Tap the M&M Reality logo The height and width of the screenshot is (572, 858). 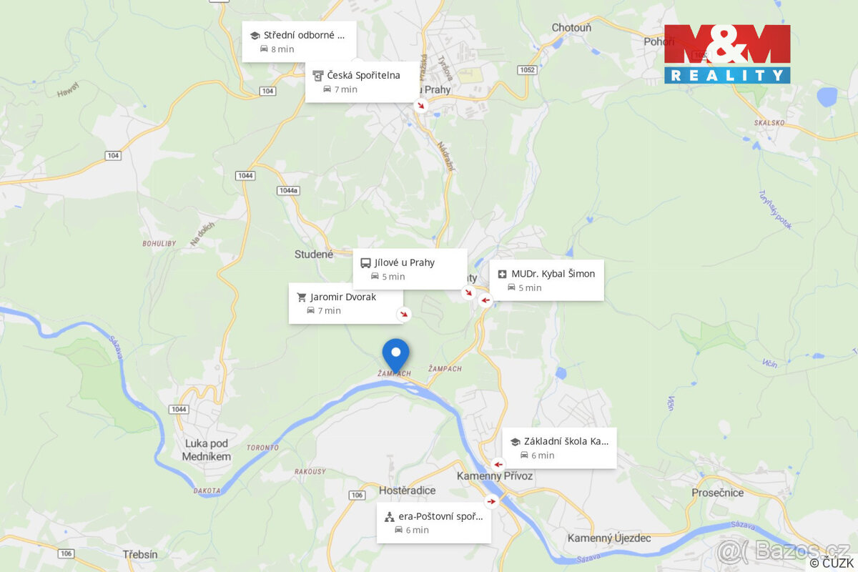pos(727,54)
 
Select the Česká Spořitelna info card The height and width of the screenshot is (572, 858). pos(362,82)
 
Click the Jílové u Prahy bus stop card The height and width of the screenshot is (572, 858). pos(410,269)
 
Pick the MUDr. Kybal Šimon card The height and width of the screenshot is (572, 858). pos(547,280)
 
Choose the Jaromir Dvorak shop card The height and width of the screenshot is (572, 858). pos(345,303)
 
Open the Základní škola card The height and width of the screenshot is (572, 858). pos(559,448)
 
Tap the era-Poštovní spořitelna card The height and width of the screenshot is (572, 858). pos(434,523)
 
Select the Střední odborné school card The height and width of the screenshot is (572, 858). pos(299,41)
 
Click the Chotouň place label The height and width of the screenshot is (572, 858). pos(571,27)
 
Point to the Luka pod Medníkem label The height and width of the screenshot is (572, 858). pos(207,450)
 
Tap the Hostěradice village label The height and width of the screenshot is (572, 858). pos(407,490)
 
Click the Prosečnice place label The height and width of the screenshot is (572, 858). pos(718,493)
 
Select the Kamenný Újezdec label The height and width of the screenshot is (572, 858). pos(609,538)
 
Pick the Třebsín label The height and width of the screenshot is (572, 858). pos(140,554)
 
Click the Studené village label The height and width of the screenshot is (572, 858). pos(314,254)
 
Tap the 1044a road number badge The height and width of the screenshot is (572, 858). pos(287,190)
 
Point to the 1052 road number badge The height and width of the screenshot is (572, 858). pos(528,69)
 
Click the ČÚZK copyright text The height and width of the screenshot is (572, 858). pos(832,563)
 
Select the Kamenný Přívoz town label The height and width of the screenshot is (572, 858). pos(495,476)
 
